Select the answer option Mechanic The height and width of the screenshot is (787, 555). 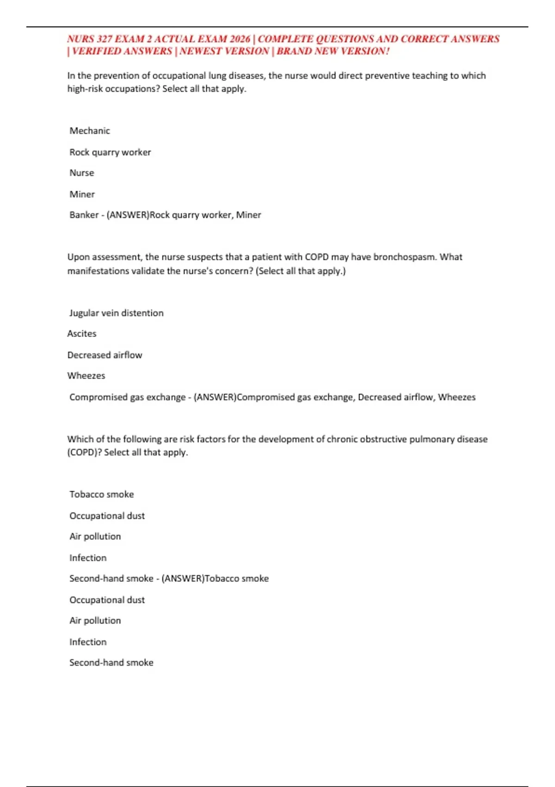[x=90, y=131]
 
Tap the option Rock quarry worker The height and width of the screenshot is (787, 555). [x=110, y=152]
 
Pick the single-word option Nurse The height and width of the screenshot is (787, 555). [x=82, y=173]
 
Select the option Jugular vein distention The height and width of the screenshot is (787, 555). [x=116, y=313]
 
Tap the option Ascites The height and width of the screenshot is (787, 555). [x=82, y=334]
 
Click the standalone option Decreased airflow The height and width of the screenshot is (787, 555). [x=105, y=355]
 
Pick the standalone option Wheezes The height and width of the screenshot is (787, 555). [x=86, y=376]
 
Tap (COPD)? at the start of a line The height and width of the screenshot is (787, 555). [x=84, y=452]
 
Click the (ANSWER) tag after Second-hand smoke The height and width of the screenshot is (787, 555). [x=183, y=579]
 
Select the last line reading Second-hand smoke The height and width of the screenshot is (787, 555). [x=111, y=662]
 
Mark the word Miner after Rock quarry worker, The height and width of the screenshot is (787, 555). [x=248, y=215]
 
